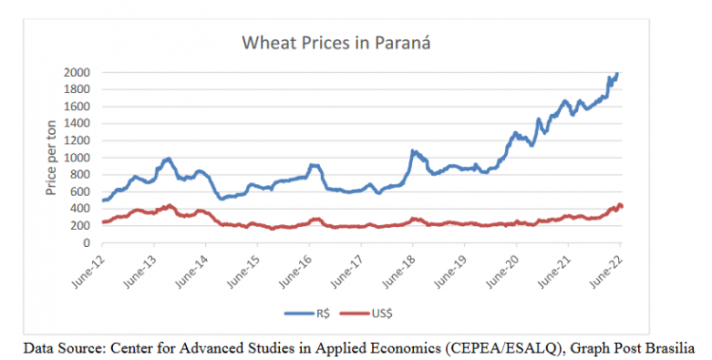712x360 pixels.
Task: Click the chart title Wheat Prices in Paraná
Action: (x=336, y=43)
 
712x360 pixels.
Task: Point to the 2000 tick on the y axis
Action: (x=78, y=73)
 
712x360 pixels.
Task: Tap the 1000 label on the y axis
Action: (x=78, y=158)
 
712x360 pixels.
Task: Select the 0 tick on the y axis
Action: (x=86, y=243)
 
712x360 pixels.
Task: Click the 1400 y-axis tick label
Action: (x=78, y=123)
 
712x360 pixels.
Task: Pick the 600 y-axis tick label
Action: (x=81, y=192)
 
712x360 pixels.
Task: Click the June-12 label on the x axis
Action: (x=89, y=272)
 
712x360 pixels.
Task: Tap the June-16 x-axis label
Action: (x=296, y=272)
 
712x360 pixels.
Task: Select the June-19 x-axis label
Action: (x=451, y=272)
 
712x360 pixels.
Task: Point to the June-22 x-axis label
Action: (x=607, y=272)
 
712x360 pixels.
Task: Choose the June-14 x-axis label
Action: (x=193, y=272)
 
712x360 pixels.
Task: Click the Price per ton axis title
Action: (x=51, y=158)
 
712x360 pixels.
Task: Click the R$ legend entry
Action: (x=308, y=313)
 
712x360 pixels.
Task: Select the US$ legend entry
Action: (x=366, y=313)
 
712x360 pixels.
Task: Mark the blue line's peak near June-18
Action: (x=412, y=150)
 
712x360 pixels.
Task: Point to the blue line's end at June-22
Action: (x=617, y=73)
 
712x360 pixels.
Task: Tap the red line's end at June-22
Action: (x=621, y=206)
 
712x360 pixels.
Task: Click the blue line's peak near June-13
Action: (x=168, y=159)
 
